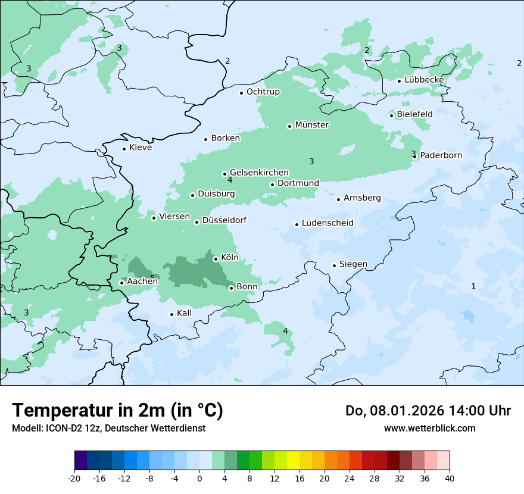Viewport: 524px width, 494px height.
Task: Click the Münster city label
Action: click(x=311, y=125)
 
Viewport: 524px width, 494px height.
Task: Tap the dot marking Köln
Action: click(x=216, y=259)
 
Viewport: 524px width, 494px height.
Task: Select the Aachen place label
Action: click(x=142, y=281)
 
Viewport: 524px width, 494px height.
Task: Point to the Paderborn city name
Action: click(x=441, y=155)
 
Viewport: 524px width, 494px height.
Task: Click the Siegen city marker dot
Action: click(x=335, y=265)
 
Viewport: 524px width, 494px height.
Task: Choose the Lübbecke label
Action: click(x=424, y=80)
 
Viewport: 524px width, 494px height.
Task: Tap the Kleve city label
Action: click(x=141, y=148)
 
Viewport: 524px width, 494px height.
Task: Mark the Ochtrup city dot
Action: click(x=242, y=93)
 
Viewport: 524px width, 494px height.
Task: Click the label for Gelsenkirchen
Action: click(x=259, y=173)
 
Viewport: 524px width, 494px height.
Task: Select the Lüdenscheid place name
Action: click(x=327, y=223)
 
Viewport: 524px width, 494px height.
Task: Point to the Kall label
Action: click(x=184, y=313)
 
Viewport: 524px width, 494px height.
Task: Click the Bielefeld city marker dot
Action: click(x=392, y=115)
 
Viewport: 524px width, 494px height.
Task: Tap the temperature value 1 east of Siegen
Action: click(x=473, y=286)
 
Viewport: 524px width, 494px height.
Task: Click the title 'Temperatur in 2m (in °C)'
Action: click(x=117, y=411)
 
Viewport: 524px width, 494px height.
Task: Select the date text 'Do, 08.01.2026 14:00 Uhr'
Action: click(x=428, y=411)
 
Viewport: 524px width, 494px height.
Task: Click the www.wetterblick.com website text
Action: click(x=429, y=428)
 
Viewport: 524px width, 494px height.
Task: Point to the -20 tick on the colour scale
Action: click(x=74, y=479)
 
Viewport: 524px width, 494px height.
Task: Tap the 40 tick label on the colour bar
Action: click(x=450, y=479)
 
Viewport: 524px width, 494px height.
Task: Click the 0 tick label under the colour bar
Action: click(x=199, y=479)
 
